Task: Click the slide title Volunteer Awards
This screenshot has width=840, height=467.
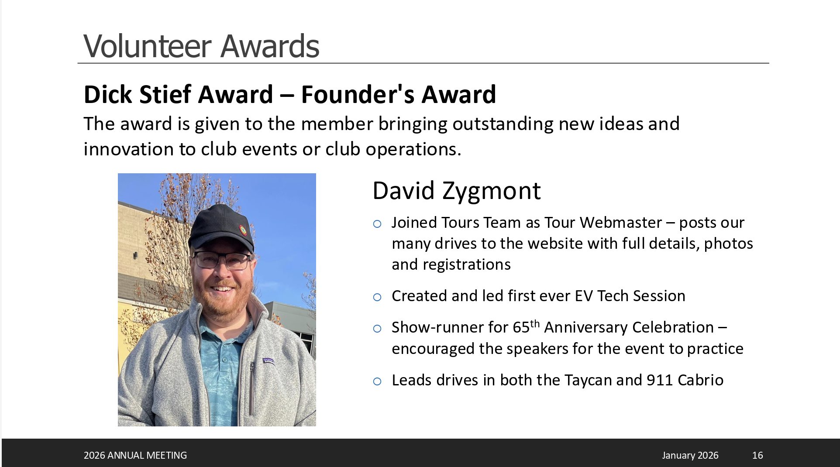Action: (201, 46)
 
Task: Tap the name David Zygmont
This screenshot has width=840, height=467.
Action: (456, 191)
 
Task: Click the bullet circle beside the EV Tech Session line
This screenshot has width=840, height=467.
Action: (377, 298)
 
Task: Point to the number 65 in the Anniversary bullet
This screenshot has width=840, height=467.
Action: (521, 327)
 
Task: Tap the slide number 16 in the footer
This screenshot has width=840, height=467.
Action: (757, 455)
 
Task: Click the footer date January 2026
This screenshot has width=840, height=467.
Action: (690, 455)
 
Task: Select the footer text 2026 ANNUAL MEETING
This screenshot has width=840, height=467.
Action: (135, 455)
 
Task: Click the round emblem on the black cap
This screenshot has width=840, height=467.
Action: (243, 230)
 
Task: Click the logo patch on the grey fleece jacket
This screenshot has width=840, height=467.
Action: (269, 361)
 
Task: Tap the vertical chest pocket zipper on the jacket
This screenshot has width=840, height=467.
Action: (252, 388)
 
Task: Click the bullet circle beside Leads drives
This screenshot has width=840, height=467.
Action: (377, 381)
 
